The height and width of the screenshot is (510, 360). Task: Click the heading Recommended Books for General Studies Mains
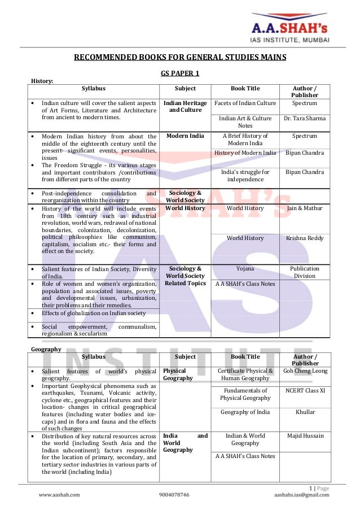click(181, 57)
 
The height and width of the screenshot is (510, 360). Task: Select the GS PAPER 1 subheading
click(180, 73)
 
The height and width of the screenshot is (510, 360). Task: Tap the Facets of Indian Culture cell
click(245, 103)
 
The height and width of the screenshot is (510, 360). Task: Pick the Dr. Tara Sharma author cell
click(305, 119)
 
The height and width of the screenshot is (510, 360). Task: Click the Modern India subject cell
click(185, 136)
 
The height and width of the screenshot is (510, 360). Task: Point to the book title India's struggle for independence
click(245, 175)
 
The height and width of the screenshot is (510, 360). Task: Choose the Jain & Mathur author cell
click(305, 208)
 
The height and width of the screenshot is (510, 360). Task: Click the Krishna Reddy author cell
click(305, 238)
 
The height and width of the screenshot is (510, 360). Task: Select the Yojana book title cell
click(245, 269)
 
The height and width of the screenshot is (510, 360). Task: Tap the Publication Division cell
click(305, 273)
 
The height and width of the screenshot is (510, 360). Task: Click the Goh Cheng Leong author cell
click(305, 371)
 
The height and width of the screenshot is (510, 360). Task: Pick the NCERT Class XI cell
click(305, 391)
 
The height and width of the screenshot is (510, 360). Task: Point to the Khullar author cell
click(305, 412)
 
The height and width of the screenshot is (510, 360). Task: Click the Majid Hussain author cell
click(305, 435)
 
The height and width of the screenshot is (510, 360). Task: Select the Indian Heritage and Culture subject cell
click(185, 107)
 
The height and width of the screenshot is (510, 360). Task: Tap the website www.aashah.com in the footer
click(59, 495)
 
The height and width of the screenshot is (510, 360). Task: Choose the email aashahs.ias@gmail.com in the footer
click(301, 495)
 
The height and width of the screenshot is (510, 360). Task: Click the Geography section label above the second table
click(46, 349)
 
